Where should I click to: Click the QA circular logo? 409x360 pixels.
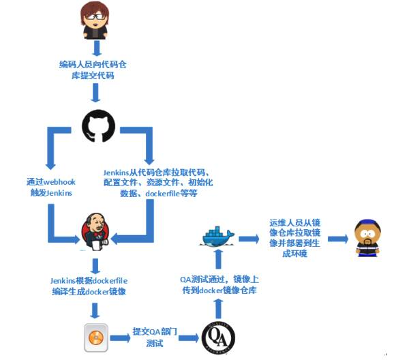coord(219,335)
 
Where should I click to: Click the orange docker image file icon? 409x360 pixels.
coord(95,336)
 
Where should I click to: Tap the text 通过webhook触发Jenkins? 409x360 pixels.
coord(49,187)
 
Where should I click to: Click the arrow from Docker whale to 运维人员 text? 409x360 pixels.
coord(247,238)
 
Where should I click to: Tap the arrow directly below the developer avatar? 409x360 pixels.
coord(96,47)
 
